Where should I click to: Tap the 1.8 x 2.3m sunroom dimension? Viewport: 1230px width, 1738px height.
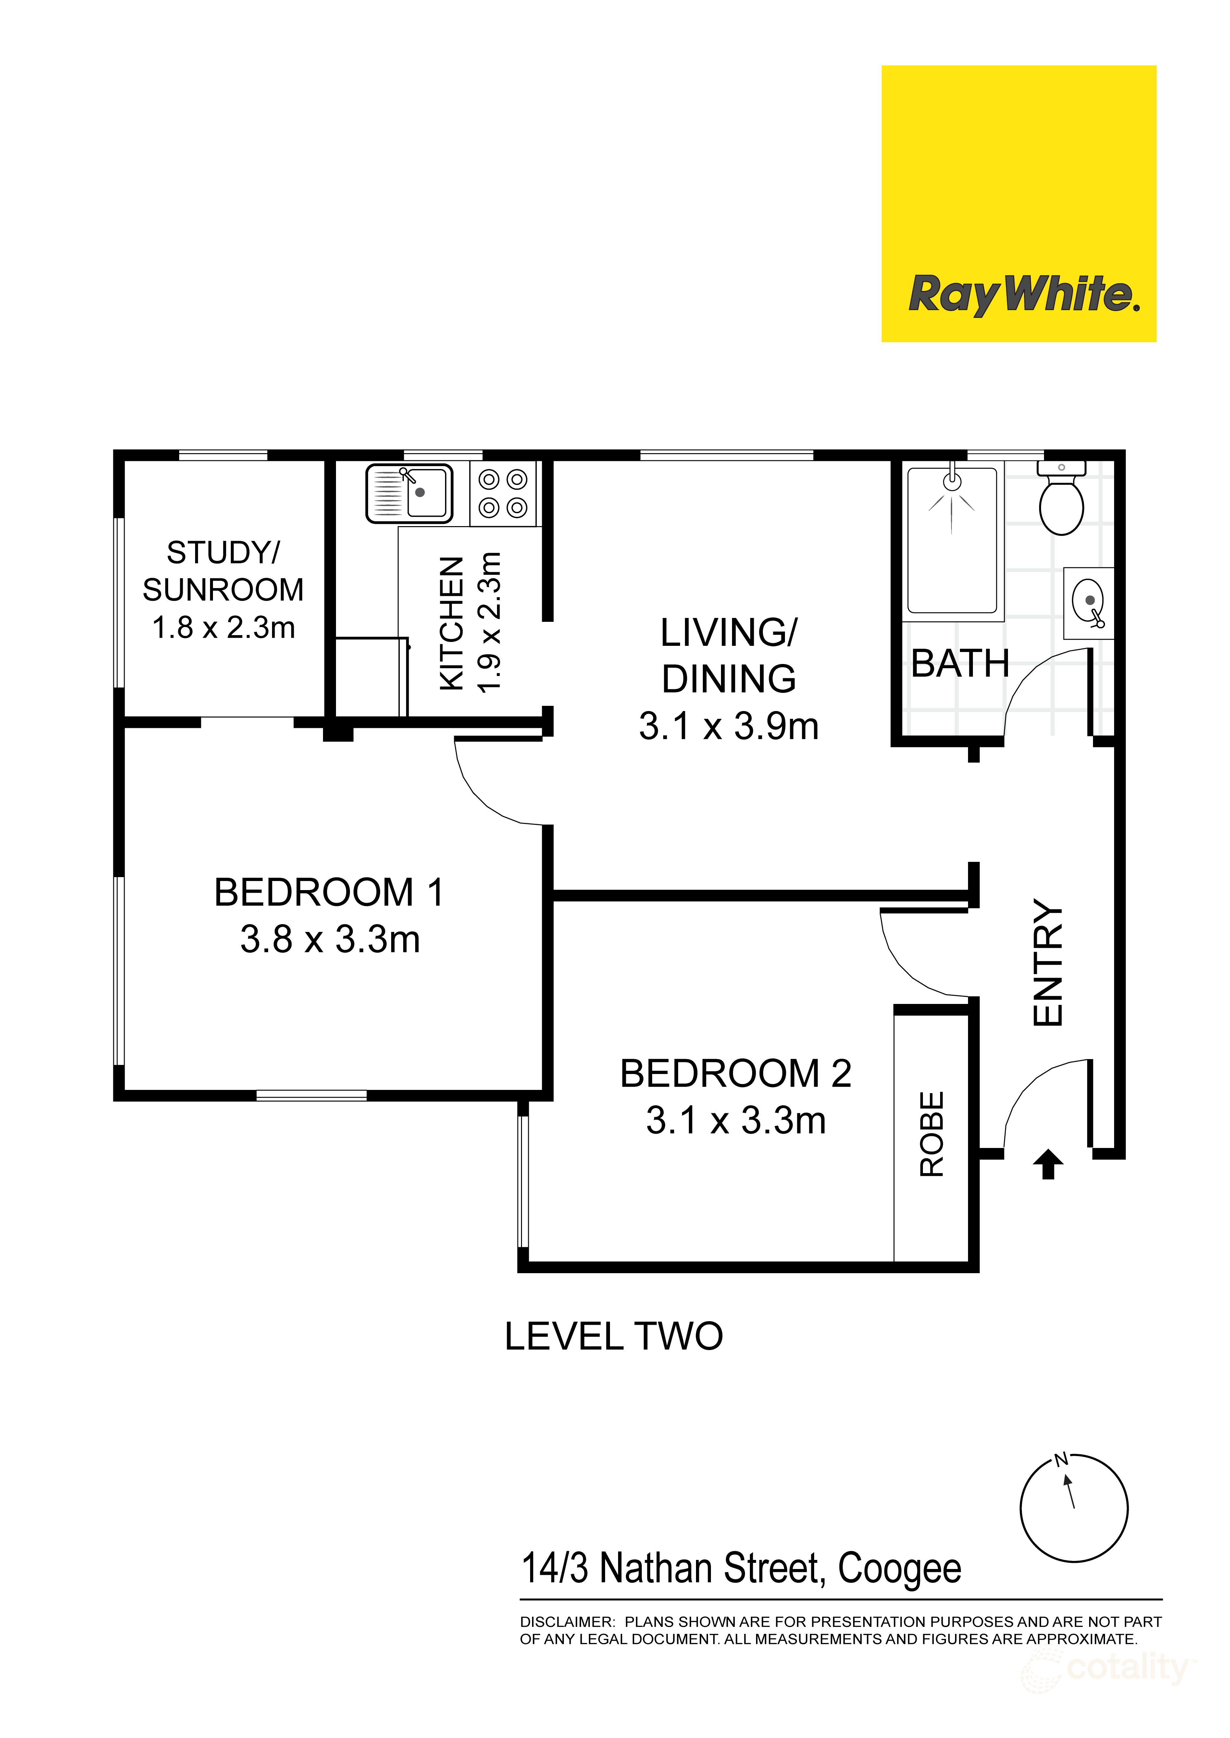223,628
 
